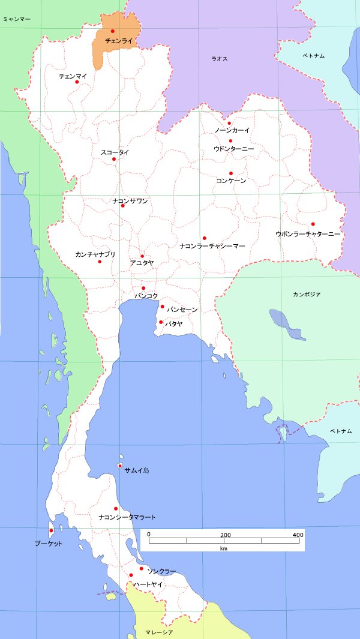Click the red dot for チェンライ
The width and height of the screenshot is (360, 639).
tap(112, 31)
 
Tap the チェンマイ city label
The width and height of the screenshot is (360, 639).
tap(73, 76)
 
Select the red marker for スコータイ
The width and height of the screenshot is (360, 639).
tap(113, 158)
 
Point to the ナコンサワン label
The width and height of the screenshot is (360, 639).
tap(130, 201)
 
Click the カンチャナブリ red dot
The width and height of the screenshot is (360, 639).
tap(100, 261)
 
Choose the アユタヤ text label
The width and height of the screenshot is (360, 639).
tap(142, 263)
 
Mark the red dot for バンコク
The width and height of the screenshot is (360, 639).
tap(143, 288)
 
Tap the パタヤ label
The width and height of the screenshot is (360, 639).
tap(174, 323)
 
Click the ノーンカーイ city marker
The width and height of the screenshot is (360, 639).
tap(229, 124)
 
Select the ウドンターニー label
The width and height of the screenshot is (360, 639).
tap(234, 148)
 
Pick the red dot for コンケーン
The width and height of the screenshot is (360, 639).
tap(230, 173)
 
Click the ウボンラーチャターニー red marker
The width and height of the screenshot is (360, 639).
tap(313, 224)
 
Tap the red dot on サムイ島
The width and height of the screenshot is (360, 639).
tap(120, 466)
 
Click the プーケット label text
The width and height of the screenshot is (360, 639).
tap(48, 544)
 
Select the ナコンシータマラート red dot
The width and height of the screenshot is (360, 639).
tap(116, 509)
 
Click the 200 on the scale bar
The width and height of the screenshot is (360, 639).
tap(226, 535)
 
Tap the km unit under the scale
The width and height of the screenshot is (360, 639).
tap(223, 548)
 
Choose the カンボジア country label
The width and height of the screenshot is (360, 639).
tap(307, 295)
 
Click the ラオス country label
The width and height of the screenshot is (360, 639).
tap(220, 59)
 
